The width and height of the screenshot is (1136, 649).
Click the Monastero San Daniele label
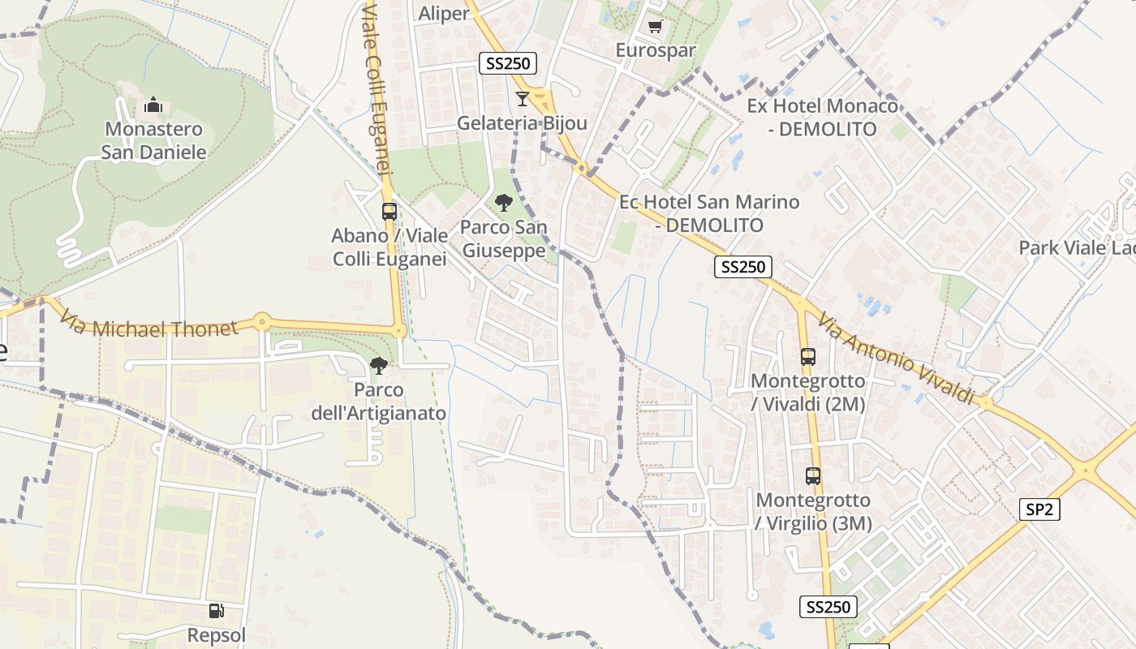pos(154,140)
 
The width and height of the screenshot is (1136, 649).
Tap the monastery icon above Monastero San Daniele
pos(153,105)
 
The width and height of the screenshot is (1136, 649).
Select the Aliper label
pos(443,13)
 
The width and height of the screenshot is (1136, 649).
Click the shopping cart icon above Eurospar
pos(655,26)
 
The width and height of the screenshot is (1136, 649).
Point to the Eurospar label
pos(656,50)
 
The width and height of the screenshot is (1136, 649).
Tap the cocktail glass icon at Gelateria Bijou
pos(522,99)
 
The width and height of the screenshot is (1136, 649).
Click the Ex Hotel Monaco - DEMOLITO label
pos(823,118)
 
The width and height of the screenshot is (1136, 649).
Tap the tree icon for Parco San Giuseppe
pos(503,203)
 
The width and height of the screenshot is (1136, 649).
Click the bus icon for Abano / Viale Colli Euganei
pos(389,212)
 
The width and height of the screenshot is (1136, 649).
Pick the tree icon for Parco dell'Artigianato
pos(378,366)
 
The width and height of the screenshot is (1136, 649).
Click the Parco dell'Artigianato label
pos(379,402)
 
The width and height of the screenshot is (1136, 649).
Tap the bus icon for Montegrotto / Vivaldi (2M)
pos(807,357)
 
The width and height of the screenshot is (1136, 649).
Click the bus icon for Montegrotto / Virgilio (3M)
pos(813,476)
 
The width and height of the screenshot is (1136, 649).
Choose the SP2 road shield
pos(1039,509)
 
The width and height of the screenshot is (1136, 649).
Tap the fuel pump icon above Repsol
pos(216,611)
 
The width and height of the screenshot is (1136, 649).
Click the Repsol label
pos(216,634)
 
